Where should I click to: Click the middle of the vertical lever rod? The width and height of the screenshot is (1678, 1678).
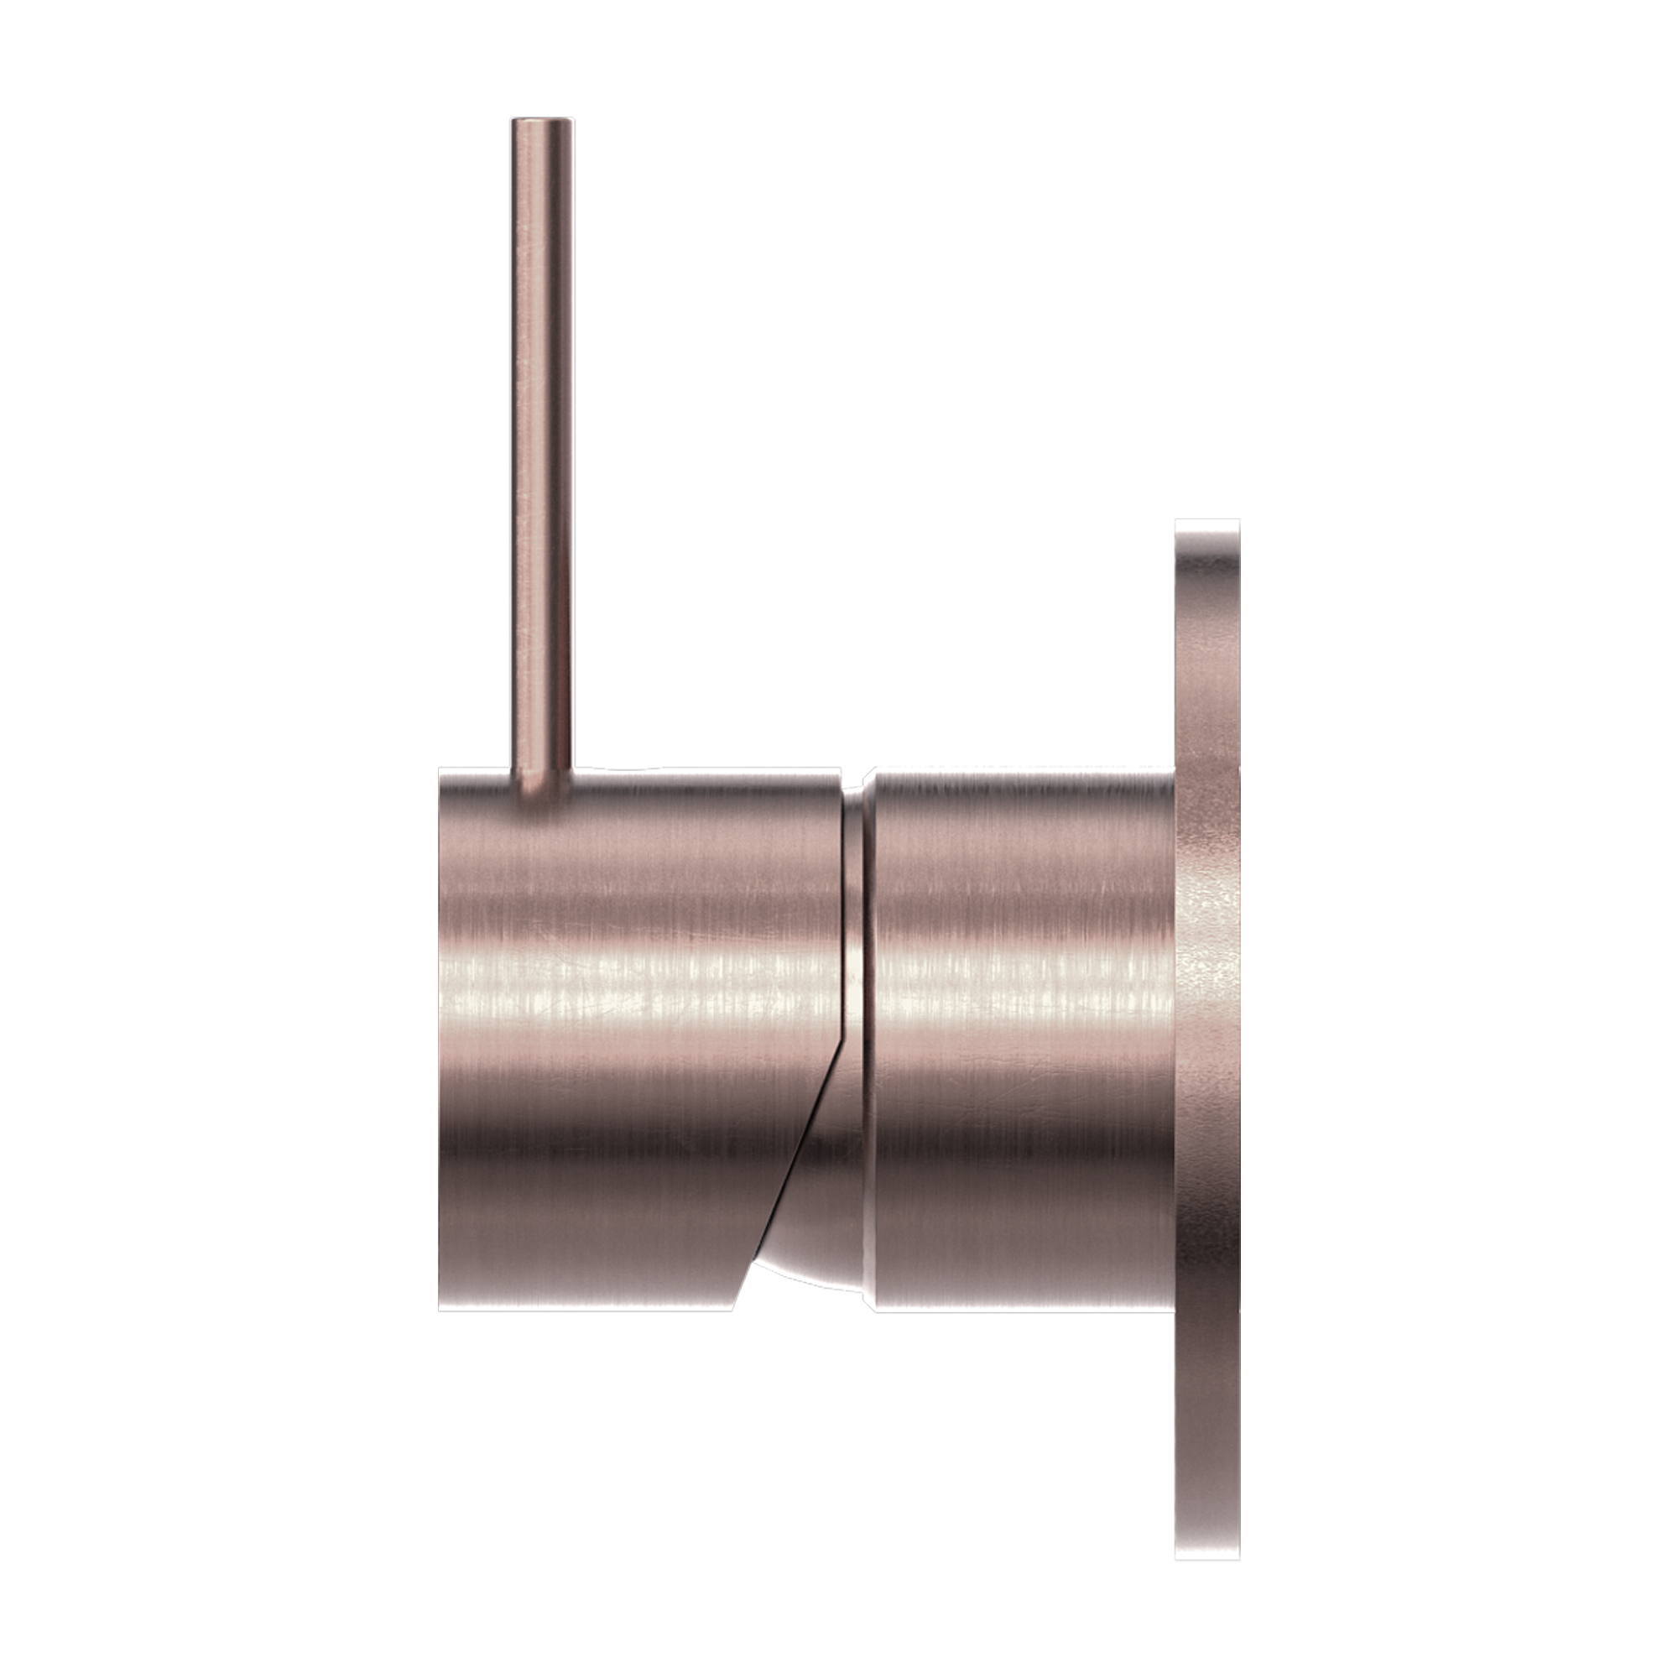[544, 451]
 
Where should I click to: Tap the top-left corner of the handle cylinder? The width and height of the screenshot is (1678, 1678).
[444, 774]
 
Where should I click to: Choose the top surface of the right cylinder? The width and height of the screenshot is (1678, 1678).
[1025, 782]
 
